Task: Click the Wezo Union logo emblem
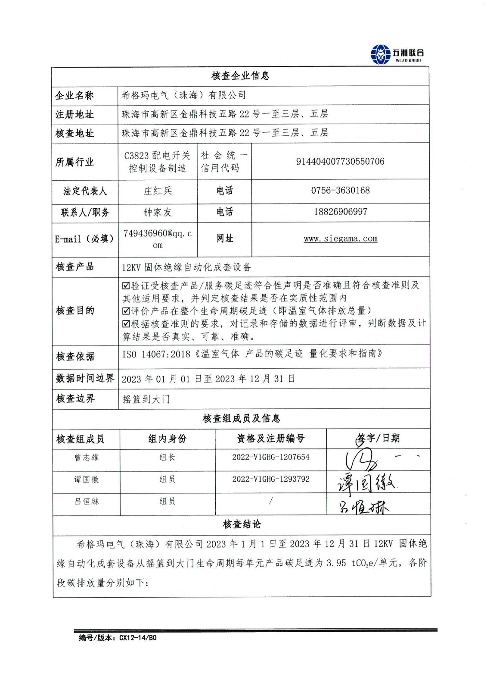coord(380,54)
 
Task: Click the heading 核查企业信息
coord(240,76)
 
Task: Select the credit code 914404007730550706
coord(340,162)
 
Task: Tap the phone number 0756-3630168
coord(340,191)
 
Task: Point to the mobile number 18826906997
coord(340,212)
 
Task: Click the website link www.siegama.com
coord(340,239)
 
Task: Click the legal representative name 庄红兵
coord(158,191)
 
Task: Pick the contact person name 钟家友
coord(158,212)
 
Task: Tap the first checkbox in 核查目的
coord(126,285)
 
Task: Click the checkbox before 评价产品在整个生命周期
coord(126,311)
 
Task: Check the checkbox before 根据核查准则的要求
coord(126,323)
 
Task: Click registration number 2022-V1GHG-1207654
coord(270,457)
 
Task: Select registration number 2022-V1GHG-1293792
coord(270,479)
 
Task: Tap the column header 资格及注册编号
coord(270,439)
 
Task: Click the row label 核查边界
coord(75,399)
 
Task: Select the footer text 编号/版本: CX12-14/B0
coord(118,638)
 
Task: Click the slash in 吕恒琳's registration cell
coord(270,501)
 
